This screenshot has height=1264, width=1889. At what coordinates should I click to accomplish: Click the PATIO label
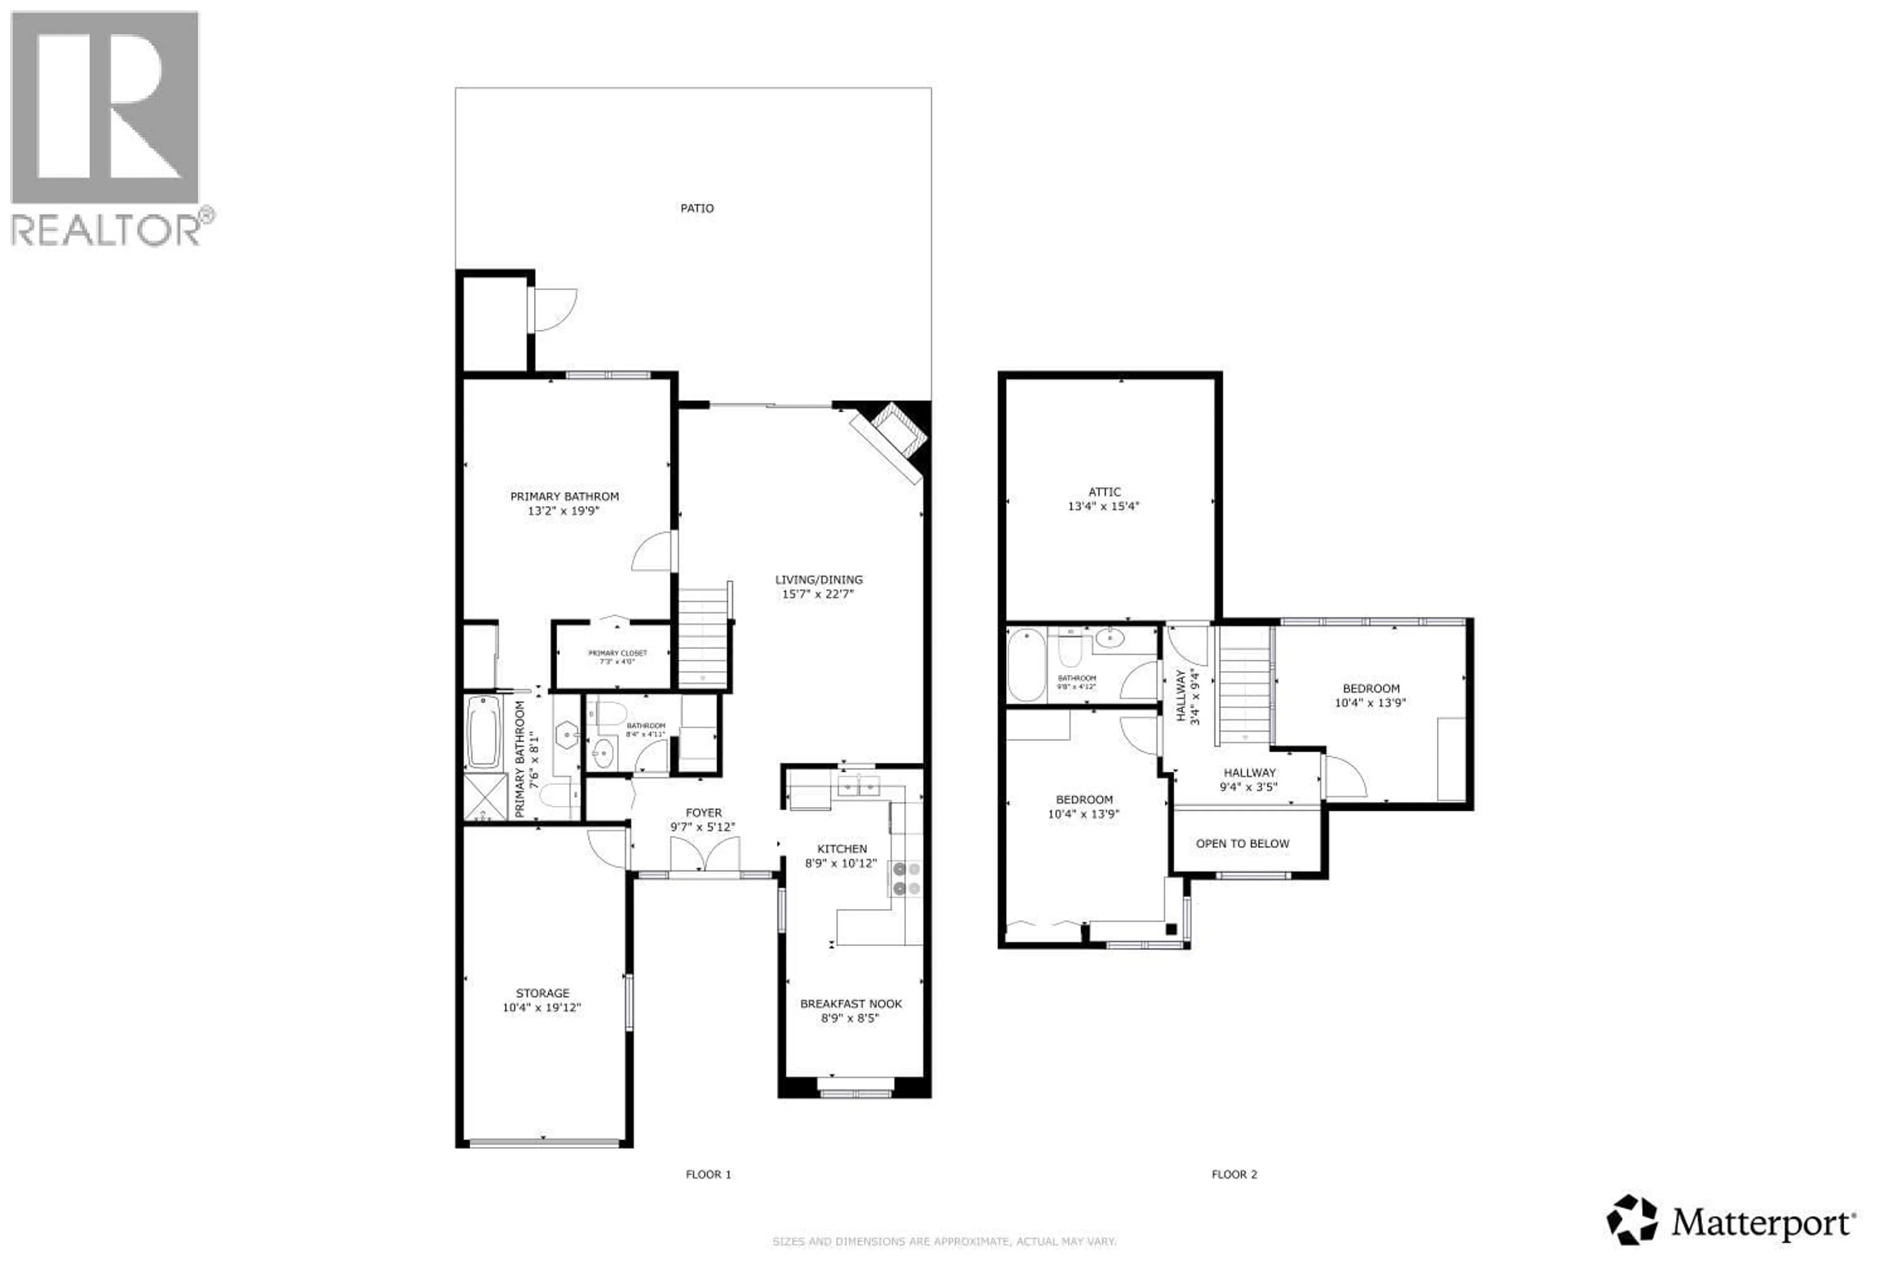[x=697, y=208]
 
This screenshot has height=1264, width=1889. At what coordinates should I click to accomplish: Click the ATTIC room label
[x=1104, y=492]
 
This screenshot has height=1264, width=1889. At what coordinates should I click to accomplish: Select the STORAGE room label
[x=543, y=993]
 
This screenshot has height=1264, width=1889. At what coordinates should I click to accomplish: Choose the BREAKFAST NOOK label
[x=851, y=1004]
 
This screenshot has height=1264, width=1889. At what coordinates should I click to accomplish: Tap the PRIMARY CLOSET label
[x=617, y=653]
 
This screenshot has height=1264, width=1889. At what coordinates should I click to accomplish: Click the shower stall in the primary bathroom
[x=486, y=796]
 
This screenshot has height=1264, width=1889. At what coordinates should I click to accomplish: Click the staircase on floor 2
[x=1244, y=685]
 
